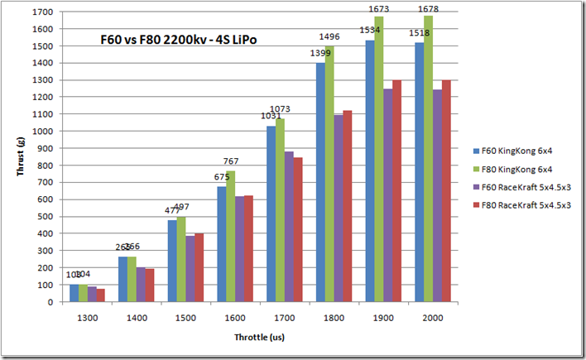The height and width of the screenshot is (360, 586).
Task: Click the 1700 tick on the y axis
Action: click(41, 12)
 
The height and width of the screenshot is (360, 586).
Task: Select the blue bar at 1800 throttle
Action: click(319, 182)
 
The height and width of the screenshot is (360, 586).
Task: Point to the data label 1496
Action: click(333, 37)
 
